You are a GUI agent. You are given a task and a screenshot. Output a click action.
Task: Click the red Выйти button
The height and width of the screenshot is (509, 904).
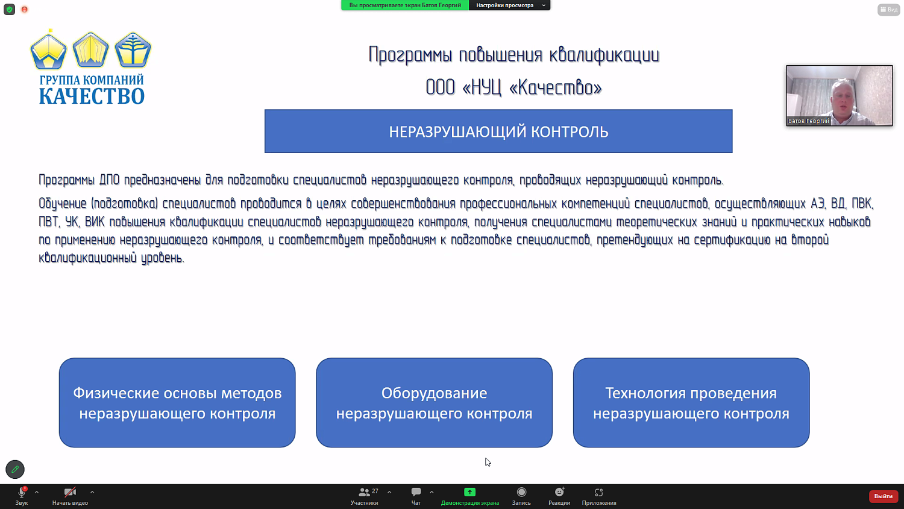coord(883,496)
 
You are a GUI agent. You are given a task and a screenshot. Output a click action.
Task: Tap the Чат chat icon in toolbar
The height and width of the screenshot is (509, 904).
coord(416,492)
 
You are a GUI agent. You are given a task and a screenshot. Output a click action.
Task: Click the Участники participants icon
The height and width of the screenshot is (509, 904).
coord(364,492)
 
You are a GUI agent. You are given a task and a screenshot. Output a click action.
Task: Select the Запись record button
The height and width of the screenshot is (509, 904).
coord(521,492)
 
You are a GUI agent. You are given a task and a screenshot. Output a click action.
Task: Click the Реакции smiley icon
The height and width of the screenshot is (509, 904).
coord(559,492)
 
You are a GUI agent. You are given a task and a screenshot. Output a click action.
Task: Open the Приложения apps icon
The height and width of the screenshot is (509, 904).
coord(599,492)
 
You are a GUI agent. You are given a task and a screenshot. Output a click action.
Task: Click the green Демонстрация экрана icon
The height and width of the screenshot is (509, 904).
coord(469,492)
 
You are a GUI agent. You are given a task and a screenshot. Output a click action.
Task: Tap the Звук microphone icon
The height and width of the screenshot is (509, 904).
coord(22,492)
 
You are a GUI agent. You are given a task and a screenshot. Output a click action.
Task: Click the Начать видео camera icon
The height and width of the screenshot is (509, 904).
coord(70,492)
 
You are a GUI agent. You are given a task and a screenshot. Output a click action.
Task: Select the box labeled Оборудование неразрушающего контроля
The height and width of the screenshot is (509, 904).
coord(435,403)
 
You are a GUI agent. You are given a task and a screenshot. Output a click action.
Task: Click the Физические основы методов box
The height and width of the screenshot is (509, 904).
coord(177,403)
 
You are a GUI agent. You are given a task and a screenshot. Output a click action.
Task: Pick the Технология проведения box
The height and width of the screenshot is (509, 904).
coord(691,403)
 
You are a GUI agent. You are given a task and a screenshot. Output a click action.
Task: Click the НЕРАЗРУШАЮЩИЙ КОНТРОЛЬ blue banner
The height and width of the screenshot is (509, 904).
coord(498,131)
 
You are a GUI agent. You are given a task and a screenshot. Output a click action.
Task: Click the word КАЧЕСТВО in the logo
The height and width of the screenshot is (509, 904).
coord(92,96)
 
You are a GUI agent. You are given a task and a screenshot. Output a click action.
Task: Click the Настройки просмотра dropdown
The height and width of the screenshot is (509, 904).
coord(510,5)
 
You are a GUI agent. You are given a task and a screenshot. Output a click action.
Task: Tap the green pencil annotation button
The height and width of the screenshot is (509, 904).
coord(15,469)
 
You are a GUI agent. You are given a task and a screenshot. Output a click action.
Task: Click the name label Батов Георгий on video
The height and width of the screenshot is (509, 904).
coord(809,121)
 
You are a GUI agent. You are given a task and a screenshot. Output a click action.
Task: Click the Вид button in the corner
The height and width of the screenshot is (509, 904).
coord(889,10)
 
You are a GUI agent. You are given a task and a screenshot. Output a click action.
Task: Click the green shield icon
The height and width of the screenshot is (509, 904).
coord(10,9)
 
